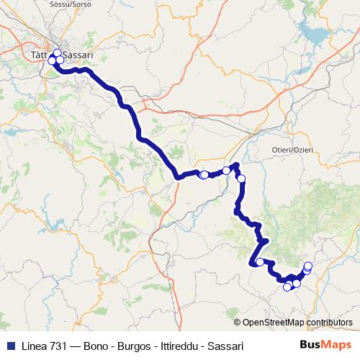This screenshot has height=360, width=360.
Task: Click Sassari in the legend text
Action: coord(227,346)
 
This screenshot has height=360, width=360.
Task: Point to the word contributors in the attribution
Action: coord(331,323)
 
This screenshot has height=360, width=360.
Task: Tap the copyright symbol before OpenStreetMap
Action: coord(238,323)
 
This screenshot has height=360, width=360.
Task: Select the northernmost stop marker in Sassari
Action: coord(58,53)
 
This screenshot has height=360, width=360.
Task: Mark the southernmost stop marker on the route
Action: coord(287,287)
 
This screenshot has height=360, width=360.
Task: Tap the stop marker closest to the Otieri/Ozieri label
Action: coord(241,179)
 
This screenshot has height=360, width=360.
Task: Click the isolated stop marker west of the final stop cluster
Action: coord(260,262)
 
